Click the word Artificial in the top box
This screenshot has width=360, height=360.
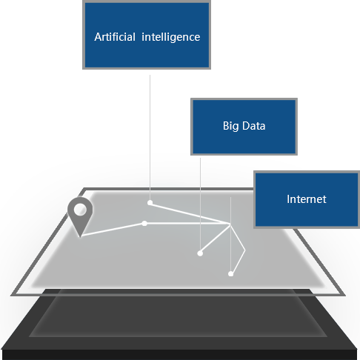coord(115,37)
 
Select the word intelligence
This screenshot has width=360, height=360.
coord(171,38)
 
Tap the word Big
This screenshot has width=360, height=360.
coord(231,126)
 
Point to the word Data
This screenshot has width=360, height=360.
coord(253,126)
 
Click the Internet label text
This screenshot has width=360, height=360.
coord(307,199)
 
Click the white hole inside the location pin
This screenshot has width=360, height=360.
coord(80,210)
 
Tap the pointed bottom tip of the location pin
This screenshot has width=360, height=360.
coord(80,237)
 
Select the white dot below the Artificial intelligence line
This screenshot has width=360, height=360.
coord(150,203)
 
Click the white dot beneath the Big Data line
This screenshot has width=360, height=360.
coord(200,253)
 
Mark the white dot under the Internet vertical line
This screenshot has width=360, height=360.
coord(230,274)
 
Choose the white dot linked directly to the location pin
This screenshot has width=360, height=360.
coord(144,224)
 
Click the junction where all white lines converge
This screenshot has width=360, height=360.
coord(230,224)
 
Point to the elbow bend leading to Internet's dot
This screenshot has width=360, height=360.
coord(244,250)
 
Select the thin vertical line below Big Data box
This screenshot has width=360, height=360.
coord(200,204)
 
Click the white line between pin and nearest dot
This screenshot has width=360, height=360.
coord(113,230)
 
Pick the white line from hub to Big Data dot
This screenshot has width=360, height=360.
coord(215,239)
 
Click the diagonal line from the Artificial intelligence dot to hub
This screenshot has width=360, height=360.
coord(190,213)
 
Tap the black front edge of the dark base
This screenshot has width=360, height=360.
coord(179,355)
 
